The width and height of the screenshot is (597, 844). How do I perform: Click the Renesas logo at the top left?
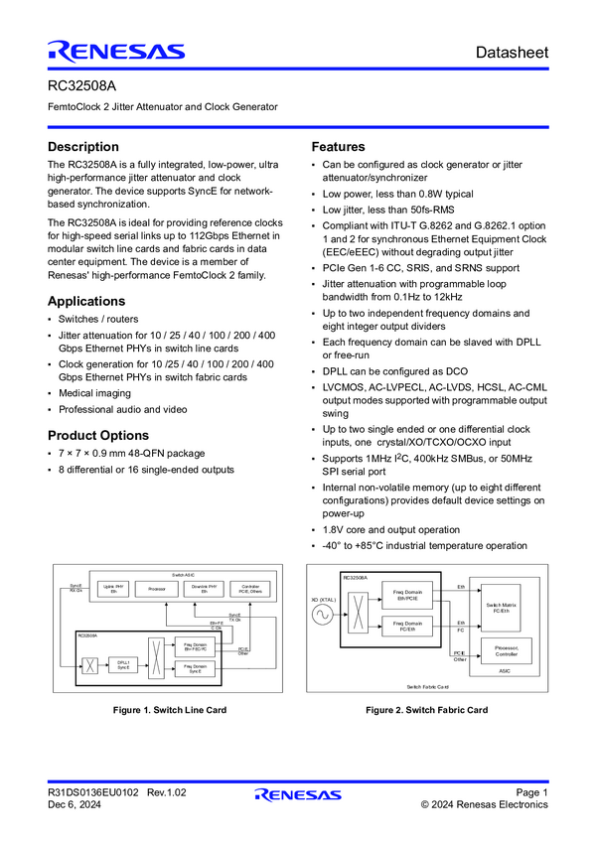(115, 52)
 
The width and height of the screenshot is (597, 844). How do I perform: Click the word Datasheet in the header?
(511, 52)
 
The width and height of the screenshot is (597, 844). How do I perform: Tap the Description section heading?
(83, 147)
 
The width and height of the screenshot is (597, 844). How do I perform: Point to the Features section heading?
(339, 147)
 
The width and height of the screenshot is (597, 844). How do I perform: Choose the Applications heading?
(86, 301)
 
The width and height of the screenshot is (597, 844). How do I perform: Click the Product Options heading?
(98, 435)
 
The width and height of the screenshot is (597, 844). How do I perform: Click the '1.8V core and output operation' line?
(391, 530)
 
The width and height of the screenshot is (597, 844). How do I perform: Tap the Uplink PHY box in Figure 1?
(112, 589)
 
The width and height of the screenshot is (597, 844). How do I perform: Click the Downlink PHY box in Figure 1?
(204, 589)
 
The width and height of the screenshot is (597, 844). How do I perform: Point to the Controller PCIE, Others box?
(250, 589)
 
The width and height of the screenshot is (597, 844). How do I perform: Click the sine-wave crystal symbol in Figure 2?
(324, 615)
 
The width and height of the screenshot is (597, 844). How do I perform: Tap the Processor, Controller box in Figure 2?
(506, 651)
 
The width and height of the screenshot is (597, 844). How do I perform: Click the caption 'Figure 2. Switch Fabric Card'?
(426, 710)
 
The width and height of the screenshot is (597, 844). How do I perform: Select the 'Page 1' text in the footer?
(531, 792)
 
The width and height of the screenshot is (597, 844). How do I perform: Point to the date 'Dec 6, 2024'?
(74, 805)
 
